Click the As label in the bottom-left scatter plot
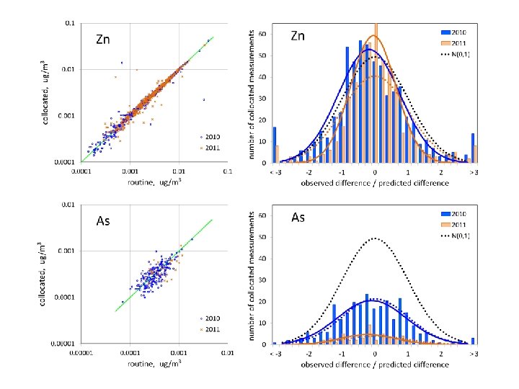[x=103, y=221]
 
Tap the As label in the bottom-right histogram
[x=298, y=217]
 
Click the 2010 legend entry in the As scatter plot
[x=212, y=319]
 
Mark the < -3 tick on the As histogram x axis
[x=275, y=355]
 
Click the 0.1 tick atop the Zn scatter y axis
[x=69, y=23]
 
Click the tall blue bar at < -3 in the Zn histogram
[x=274, y=145]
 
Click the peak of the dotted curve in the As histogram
[x=375, y=238]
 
